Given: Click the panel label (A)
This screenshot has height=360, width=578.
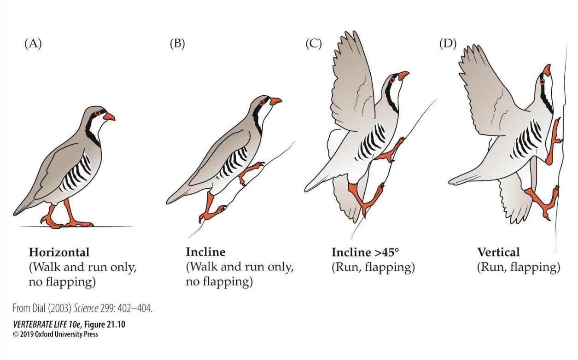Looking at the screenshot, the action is click(33, 44).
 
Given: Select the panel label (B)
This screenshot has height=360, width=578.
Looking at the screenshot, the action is click(177, 44).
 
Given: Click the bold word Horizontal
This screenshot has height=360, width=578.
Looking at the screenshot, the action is click(59, 252).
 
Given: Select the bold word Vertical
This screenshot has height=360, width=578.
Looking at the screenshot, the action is click(498, 252).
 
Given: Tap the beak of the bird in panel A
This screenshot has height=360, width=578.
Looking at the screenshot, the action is click(110, 117).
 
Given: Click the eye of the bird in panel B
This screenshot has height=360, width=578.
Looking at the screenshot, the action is click(263, 102).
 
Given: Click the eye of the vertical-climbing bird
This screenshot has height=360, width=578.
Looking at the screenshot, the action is click(542, 81).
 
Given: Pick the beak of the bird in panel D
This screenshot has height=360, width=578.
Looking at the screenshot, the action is click(547, 70).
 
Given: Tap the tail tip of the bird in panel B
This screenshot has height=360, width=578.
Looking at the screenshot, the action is click(169, 201).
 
